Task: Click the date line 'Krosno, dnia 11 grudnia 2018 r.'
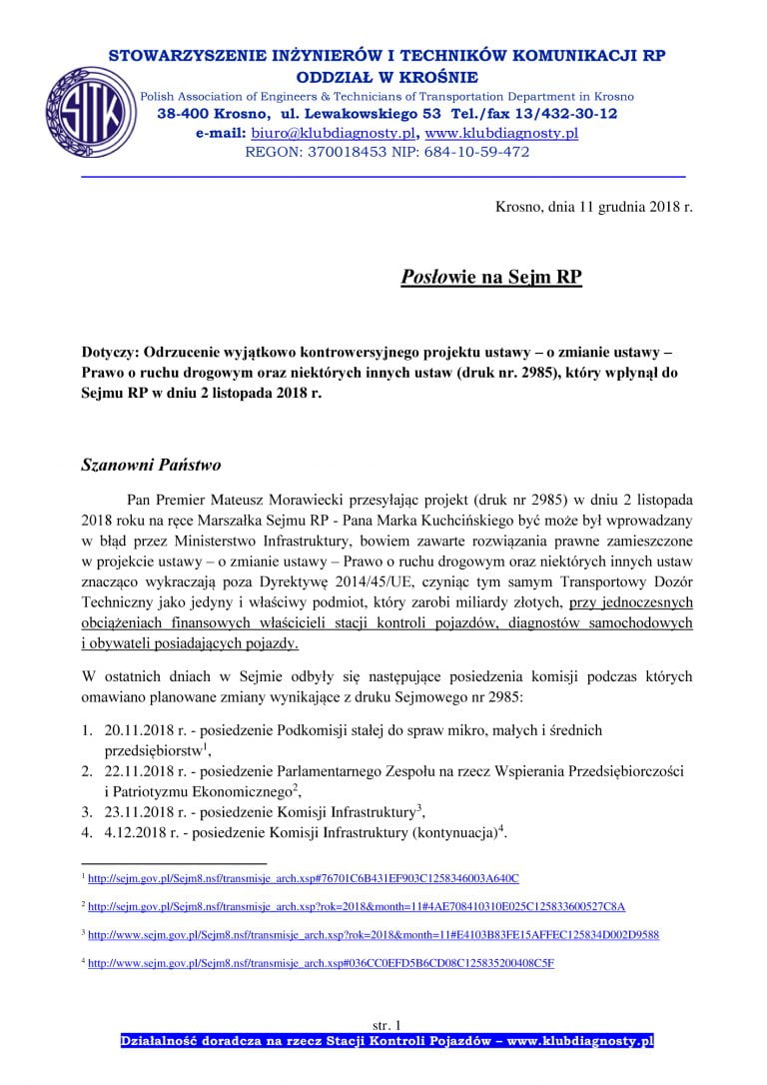pos(593,208)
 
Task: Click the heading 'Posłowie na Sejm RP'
pos(490,277)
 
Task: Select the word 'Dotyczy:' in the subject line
pos(110,354)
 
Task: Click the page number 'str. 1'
pos(384,1025)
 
